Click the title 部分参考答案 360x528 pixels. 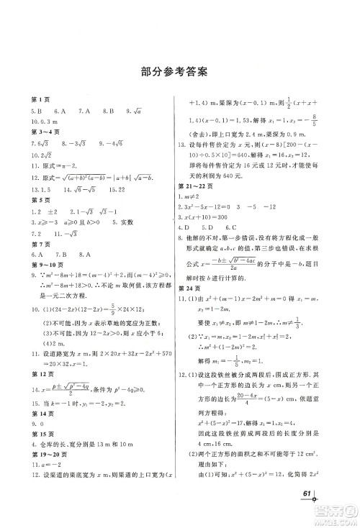coord(179,72)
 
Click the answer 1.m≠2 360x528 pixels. coord(189,198)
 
